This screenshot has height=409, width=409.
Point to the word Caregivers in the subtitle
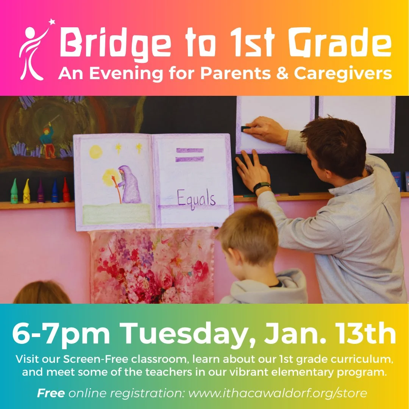coord(343,73)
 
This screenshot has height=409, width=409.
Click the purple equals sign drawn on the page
coord(189,155)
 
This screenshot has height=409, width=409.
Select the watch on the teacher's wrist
coord(262,187)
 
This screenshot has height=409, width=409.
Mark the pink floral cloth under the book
coord(151,265)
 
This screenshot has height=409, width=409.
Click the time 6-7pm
coord(61,334)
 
